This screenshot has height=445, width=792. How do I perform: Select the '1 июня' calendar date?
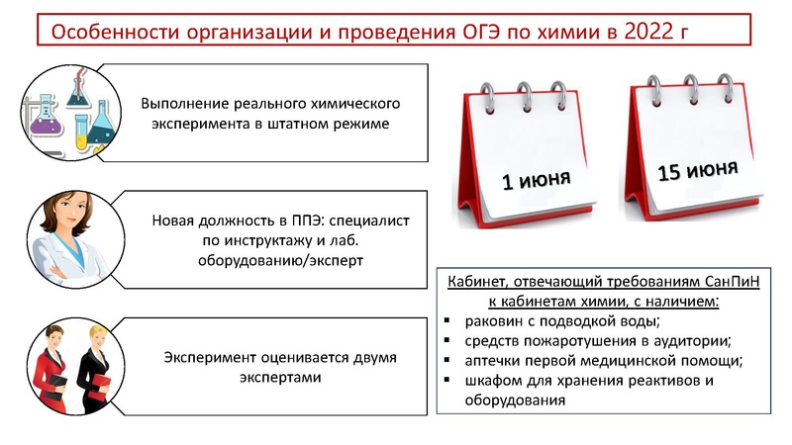pyautogui.click(x=535, y=180)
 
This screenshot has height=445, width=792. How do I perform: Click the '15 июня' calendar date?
pyautogui.click(x=697, y=171)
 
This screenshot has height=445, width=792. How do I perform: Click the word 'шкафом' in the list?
pyautogui.click(x=494, y=381)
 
